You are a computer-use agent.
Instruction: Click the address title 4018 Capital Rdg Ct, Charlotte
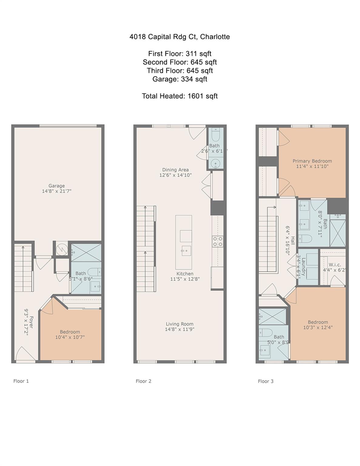[180, 37]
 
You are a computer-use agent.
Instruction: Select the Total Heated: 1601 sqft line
[180, 96]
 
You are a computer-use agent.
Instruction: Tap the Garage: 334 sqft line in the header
[180, 79]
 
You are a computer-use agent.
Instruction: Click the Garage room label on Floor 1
[57, 186]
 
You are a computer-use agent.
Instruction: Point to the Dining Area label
[176, 170]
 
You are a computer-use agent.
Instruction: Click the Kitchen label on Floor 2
[185, 274]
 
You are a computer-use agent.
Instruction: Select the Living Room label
[180, 324]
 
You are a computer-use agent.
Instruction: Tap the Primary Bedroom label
[312, 161]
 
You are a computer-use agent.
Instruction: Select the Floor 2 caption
[143, 381]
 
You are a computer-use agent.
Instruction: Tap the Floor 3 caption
[266, 381]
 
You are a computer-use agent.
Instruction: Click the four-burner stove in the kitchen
[217, 241]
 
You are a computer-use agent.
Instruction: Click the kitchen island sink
[186, 251]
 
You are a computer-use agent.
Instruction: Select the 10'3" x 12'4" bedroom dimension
[318, 327]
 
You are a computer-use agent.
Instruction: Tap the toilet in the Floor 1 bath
[95, 272]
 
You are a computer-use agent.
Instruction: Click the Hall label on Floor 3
[292, 241]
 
